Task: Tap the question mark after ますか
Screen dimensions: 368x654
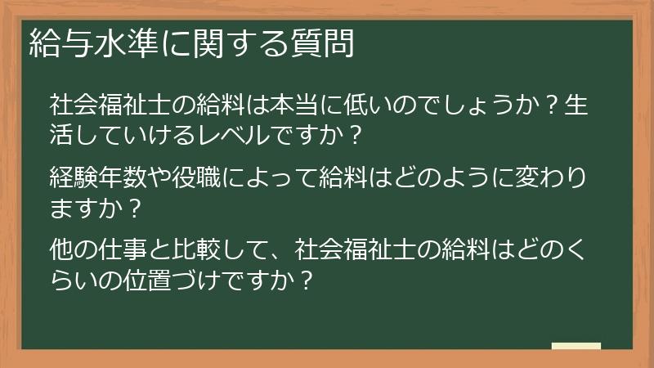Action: [x=135, y=207]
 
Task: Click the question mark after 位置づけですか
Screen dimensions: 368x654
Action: [x=303, y=278]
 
